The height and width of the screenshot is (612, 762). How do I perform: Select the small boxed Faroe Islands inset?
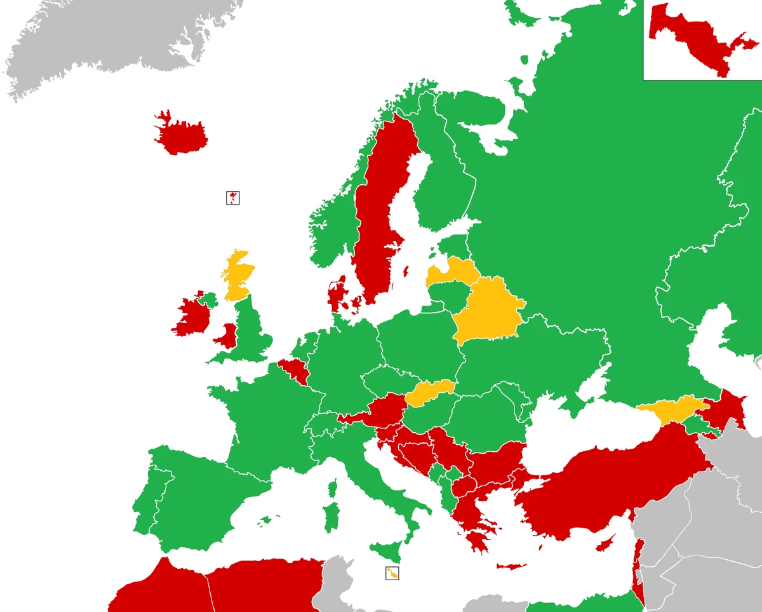[x=233, y=198]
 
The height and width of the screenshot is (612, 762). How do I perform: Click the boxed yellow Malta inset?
[x=392, y=573]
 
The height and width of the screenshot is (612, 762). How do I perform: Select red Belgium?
[x=294, y=372]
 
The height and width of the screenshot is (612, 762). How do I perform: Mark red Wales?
[x=226, y=336]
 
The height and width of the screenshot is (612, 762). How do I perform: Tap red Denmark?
[x=337, y=296]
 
